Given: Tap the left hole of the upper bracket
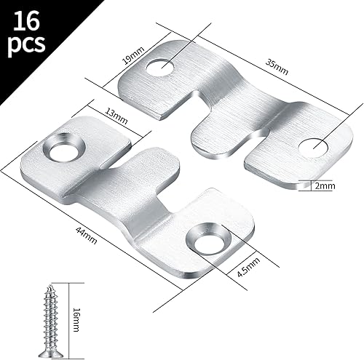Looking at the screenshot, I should click(158, 68).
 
